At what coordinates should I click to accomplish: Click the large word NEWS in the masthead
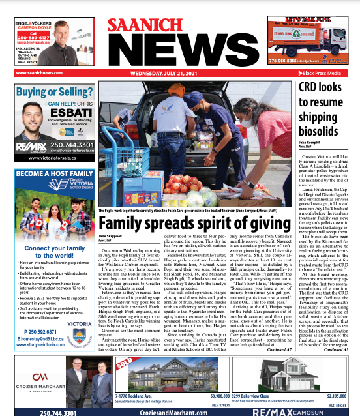tap(179, 54)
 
